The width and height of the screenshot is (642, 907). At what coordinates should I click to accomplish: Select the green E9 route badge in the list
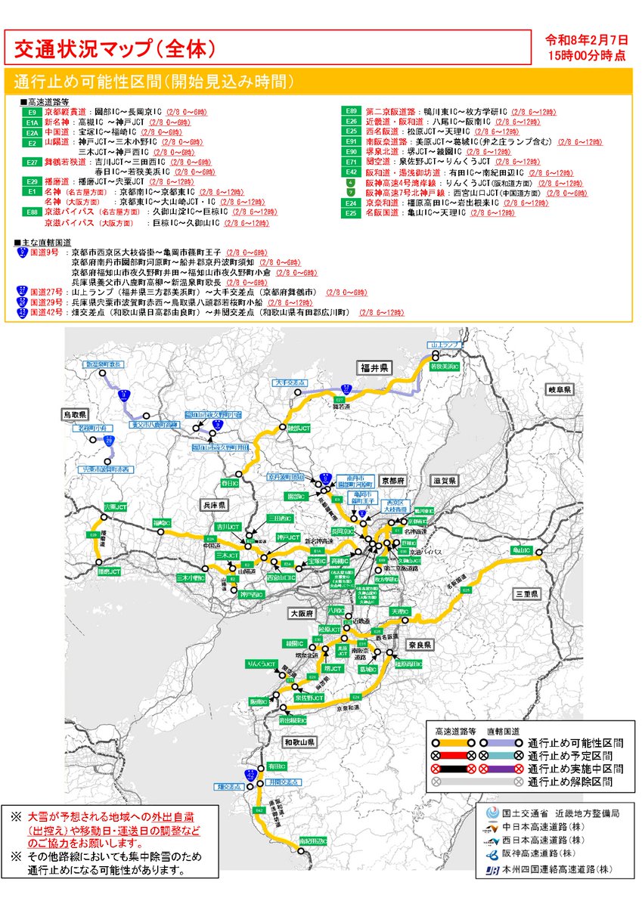coord(31,112)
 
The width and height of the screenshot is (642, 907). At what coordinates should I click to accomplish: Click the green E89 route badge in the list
coord(351,112)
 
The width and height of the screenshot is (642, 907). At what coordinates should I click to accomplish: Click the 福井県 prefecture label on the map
coord(374,367)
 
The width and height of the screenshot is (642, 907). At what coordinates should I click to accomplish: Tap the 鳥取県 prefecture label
coord(76,415)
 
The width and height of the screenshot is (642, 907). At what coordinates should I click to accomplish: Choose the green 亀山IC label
coord(523,549)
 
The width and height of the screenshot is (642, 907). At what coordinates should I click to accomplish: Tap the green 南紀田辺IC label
coord(312,840)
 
